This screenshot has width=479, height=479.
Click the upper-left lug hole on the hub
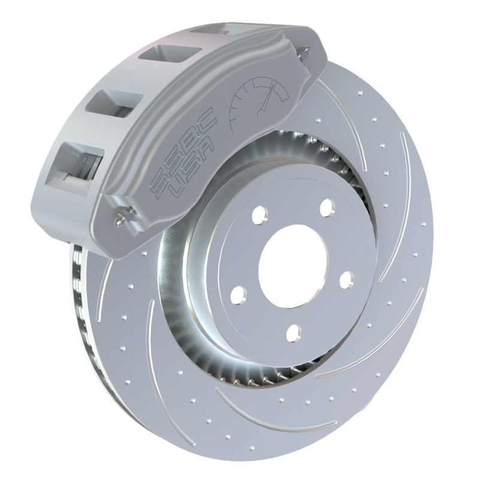259,216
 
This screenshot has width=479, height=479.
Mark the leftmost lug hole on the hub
238,293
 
